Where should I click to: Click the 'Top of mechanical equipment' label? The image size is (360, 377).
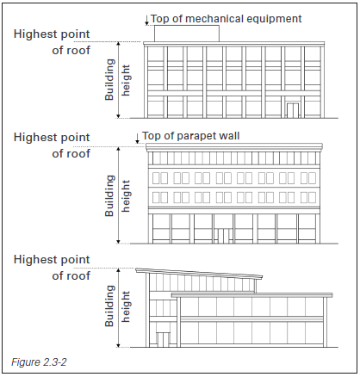[226, 19]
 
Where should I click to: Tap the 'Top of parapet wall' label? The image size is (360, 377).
[190, 136]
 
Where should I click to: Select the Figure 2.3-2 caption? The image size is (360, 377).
[39, 362]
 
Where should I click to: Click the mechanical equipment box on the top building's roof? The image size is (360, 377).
[187, 34]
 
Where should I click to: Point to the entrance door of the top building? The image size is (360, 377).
[293, 110]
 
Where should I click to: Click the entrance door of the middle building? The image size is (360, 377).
[223, 236]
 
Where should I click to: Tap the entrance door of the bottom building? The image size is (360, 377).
[163, 340]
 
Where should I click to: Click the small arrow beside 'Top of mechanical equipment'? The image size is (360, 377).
[146, 20]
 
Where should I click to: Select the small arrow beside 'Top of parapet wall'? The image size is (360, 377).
[137, 138]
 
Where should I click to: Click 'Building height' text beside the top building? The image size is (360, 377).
[118, 80]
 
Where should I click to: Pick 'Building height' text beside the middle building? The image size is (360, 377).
[118, 195]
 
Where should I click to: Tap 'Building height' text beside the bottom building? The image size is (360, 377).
[118, 306]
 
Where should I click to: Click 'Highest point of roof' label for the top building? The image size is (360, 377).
[52, 42]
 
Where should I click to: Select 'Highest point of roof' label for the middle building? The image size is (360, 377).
[52, 145]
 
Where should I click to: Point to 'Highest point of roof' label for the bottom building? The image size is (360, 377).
[52, 268]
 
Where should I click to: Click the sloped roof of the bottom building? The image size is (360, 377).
[199, 273]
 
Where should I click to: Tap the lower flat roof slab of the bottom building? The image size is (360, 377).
[252, 295]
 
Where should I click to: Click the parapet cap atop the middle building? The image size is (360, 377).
[234, 146]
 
